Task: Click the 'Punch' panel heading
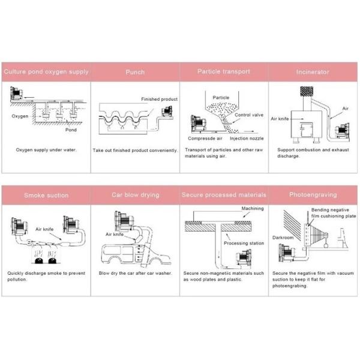[x=135, y=72]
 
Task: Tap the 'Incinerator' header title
[x=313, y=72]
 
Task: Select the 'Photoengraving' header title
[x=313, y=195]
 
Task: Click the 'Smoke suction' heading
[x=46, y=196]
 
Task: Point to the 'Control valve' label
[x=249, y=115]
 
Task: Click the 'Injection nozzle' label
[x=247, y=139]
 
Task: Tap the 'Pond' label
[x=71, y=130]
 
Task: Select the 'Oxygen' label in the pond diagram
[x=20, y=116]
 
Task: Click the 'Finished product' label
[x=160, y=99]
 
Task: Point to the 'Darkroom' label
[x=283, y=238]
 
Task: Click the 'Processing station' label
[x=244, y=243]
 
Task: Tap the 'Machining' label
[x=253, y=208]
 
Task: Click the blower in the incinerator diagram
[x=343, y=131]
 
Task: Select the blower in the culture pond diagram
[x=16, y=94]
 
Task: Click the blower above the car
[x=124, y=221]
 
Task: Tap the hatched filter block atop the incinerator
[x=307, y=91]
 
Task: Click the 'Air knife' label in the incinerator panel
[x=280, y=119]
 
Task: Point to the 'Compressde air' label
[x=205, y=139]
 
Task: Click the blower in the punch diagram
[x=167, y=112]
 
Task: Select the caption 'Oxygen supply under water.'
[x=46, y=150]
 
